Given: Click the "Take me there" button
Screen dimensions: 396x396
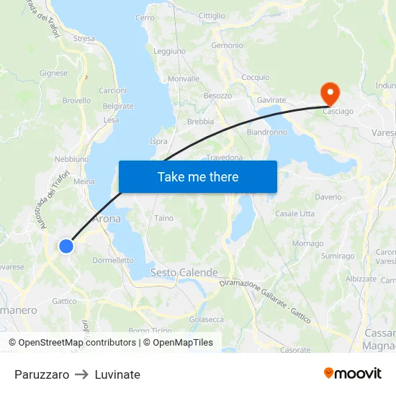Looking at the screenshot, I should [198, 176].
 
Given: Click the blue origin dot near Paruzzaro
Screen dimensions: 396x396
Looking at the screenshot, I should [66, 246].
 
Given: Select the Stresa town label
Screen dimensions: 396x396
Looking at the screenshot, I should [84, 38].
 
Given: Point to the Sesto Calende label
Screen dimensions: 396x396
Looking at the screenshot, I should [184, 273].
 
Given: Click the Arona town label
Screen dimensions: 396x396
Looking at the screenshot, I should [107, 220].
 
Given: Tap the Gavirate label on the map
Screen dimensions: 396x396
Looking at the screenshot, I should [271, 100].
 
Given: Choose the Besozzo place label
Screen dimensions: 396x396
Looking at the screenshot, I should [217, 96].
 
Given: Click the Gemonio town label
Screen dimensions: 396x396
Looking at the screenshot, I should [227, 45].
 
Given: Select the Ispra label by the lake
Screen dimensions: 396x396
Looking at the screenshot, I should [158, 141].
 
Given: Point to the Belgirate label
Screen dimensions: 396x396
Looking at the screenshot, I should [118, 106].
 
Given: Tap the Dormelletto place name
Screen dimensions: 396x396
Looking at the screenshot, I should [113, 260].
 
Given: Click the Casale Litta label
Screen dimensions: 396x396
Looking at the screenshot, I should [294, 214].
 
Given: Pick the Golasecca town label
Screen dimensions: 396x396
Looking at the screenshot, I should [206, 319].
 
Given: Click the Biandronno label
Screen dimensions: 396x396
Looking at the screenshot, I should [266, 132].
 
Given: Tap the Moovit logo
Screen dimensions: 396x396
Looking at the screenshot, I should [352, 374].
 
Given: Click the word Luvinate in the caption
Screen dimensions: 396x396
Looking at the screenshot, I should [117, 374].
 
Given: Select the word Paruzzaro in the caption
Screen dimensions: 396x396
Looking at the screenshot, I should [42, 374].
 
